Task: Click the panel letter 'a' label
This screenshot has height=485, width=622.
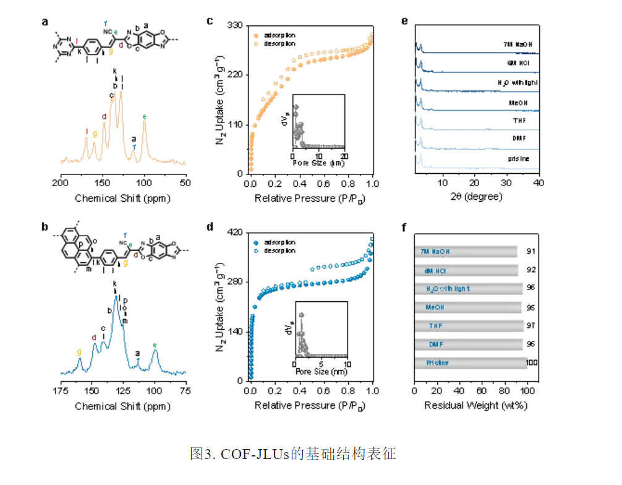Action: point(45,22)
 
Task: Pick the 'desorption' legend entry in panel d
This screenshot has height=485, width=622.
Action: point(279,250)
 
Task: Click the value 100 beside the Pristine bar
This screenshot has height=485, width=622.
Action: point(532,363)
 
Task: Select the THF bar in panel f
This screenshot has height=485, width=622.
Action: point(469,325)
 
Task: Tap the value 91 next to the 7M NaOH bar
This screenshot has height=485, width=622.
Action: point(531,252)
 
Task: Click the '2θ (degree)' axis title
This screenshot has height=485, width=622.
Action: point(476,197)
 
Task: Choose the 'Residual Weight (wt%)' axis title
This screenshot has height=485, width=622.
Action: point(475,406)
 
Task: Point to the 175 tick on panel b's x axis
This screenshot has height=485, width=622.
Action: point(60,391)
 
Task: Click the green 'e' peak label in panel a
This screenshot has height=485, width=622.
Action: point(145,116)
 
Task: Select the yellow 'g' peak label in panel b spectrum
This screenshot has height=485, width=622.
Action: point(79,351)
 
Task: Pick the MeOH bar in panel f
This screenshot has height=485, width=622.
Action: point(469,307)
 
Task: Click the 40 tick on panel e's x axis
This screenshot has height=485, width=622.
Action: point(539,183)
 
